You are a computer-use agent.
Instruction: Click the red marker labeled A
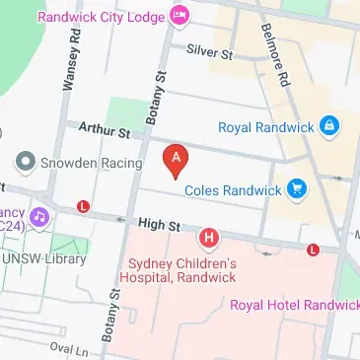[x=176, y=160]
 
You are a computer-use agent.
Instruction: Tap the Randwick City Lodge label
[x=102, y=16]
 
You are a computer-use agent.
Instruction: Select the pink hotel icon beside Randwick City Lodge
[x=179, y=16]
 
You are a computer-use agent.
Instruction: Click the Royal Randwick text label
[x=265, y=125]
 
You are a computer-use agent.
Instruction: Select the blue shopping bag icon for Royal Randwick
[x=329, y=125]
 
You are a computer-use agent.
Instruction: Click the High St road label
[x=159, y=226]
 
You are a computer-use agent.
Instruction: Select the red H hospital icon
[x=208, y=238]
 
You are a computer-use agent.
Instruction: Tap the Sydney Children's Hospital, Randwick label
[x=183, y=270]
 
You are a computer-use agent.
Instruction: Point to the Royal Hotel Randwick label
[x=294, y=305]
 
